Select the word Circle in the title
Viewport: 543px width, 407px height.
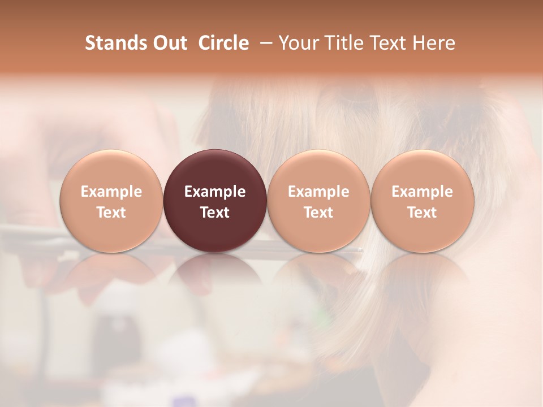coord(223,43)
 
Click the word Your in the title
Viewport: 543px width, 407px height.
coord(298,43)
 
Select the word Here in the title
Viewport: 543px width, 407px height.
coord(434,43)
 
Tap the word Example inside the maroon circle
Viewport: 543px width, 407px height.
coord(215,192)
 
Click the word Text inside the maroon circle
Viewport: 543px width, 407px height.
coord(215,213)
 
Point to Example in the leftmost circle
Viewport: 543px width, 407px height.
coord(111,192)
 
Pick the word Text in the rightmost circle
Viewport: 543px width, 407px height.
coord(423,213)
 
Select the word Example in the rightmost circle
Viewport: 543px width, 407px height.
coord(423,192)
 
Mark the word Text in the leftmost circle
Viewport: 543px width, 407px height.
coord(111,213)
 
